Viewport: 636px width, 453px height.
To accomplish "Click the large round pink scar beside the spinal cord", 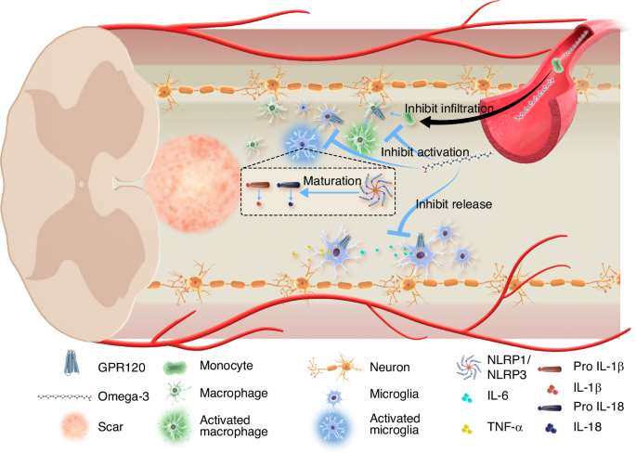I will click(x=184, y=176).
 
